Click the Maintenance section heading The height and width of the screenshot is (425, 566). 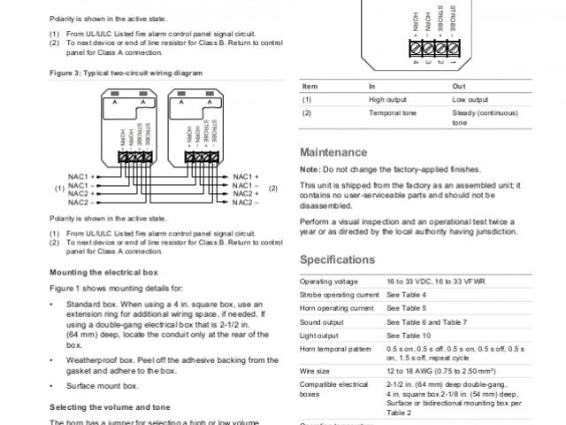click(x=333, y=152)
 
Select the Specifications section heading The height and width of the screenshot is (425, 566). click(x=338, y=259)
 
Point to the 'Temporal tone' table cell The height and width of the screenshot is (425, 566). click(x=391, y=113)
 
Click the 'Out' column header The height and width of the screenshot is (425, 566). click(x=458, y=86)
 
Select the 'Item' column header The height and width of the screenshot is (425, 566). click(x=310, y=86)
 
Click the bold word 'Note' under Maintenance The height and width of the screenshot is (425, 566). click(x=309, y=169)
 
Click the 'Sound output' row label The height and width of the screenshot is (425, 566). click(x=322, y=322)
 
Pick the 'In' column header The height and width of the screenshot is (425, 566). click(x=372, y=86)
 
